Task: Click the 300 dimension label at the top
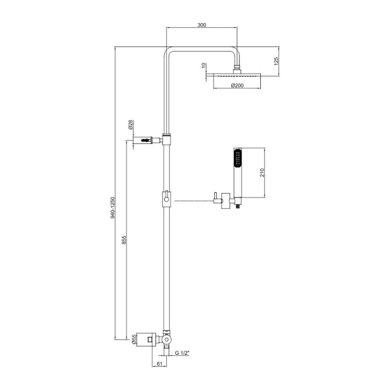pyautogui.click(x=202, y=25)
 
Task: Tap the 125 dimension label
pyautogui.click(x=276, y=62)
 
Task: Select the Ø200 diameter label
pyautogui.click(x=237, y=86)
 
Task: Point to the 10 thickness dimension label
pyautogui.click(x=204, y=66)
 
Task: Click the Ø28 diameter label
pyautogui.click(x=130, y=125)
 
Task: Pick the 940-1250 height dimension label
pyautogui.click(x=113, y=208)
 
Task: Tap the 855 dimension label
pyautogui.click(x=124, y=240)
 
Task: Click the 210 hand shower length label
pyautogui.click(x=262, y=173)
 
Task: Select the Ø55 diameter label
pyautogui.click(x=134, y=340)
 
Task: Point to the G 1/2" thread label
pyautogui.click(x=182, y=352)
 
